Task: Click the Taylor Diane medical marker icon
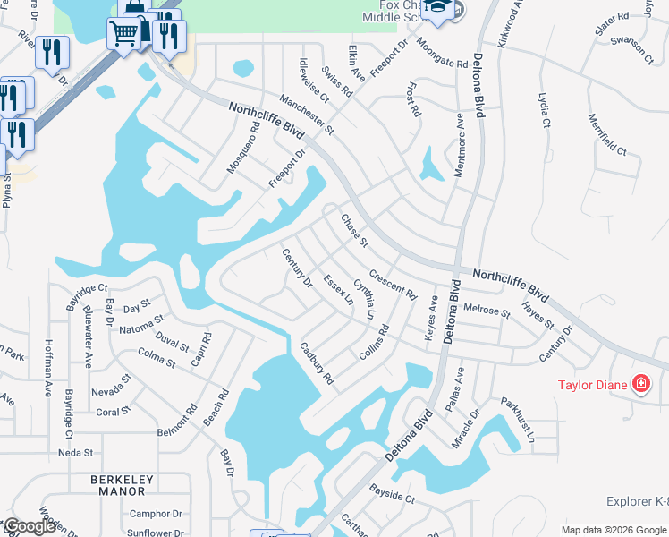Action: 640,385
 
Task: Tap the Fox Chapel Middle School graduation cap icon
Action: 438,10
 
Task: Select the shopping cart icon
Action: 123,34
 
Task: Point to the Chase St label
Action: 355,230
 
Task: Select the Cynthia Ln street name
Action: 364,299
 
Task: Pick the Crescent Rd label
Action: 393,286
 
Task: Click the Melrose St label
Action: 487,310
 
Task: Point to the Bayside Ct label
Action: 393,493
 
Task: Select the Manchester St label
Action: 306,115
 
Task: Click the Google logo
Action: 30,526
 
